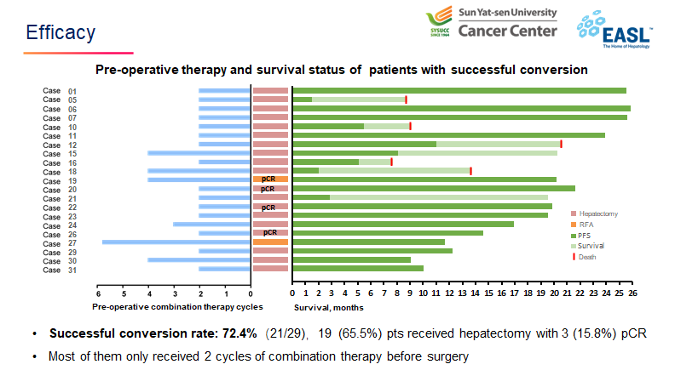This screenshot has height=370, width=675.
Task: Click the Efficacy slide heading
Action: point(61,32)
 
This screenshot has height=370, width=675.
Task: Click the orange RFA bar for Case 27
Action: point(271,242)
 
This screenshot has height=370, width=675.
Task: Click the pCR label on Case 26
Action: point(270,232)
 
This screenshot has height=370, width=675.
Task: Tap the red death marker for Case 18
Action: point(471,171)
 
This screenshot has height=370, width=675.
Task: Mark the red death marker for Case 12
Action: point(561,144)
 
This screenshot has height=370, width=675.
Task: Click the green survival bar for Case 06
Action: point(461,109)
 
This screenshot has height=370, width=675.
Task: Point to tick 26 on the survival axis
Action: point(632,293)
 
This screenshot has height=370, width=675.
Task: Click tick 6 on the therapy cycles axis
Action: point(98,293)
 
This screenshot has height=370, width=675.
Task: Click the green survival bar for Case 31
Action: point(358,269)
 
